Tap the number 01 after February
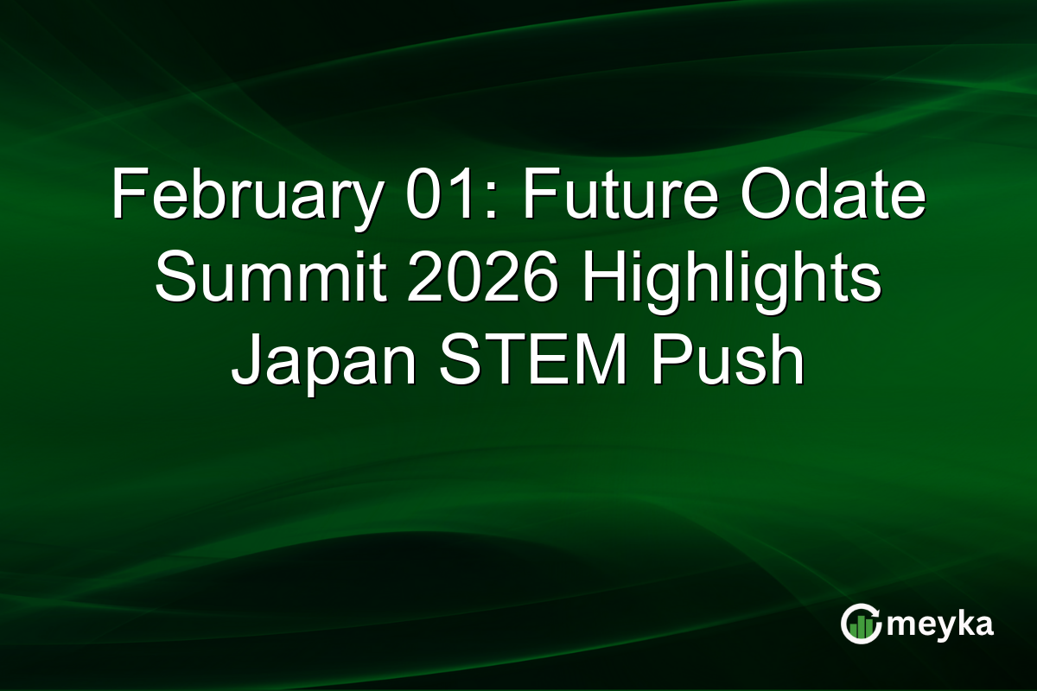click(412, 196)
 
